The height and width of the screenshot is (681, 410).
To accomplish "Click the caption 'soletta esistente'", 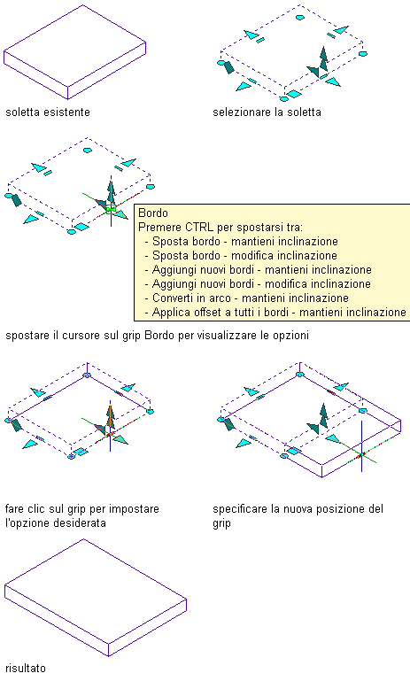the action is (x=48, y=112).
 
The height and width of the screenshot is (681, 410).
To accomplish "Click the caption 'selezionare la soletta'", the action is (x=267, y=112).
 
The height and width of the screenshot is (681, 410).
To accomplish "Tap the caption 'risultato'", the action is (x=26, y=668).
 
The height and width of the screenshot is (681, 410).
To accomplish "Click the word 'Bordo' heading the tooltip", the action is (x=153, y=213).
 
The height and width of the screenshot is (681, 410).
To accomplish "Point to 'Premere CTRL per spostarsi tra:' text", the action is (x=220, y=227).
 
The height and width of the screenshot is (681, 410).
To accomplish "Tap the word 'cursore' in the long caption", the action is (x=80, y=336).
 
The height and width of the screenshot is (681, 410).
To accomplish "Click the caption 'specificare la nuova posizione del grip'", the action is (x=298, y=515).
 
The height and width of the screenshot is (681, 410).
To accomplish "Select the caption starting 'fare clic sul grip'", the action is (x=82, y=515).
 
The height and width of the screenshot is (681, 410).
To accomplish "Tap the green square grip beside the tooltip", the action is (x=111, y=209).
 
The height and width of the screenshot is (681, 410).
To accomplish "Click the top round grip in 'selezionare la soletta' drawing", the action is (x=299, y=18).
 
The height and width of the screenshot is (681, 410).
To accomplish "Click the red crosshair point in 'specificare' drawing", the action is (x=361, y=454).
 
